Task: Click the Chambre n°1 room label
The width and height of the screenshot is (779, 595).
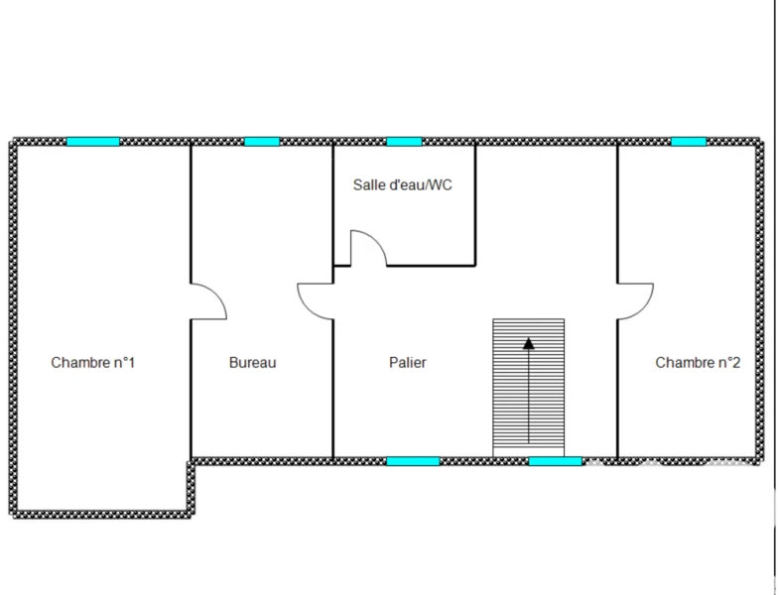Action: (x=93, y=363)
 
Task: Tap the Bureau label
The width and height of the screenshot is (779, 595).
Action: (x=252, y=363)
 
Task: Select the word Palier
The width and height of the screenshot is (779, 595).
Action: (x=408, y=363)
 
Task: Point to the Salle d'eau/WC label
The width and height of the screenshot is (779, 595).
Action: (x=403, y=184)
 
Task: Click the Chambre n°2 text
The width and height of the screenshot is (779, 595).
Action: (x=698, y=363)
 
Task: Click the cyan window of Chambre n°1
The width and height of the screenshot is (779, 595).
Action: (x=93, y=142)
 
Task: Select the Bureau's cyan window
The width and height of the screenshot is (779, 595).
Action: (x=262, y=142)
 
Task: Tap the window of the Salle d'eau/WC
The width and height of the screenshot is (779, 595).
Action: (x=404, y=142)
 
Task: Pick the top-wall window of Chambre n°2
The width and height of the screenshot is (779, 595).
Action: (x=689, y=142)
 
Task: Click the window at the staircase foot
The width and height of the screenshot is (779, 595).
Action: (x=555, y=461)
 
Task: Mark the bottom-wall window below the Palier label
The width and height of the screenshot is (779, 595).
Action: (x=413, y=461)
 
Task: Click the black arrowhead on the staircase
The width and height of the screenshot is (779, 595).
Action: (x=529, y=343)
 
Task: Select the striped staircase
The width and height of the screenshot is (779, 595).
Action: (x=529, y=388)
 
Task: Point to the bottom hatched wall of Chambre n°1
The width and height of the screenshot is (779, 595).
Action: (x=101, y=515)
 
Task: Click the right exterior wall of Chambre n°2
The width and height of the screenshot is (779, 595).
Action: (x=760, y=301)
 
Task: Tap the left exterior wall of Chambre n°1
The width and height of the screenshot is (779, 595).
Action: (x=13, y=328)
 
